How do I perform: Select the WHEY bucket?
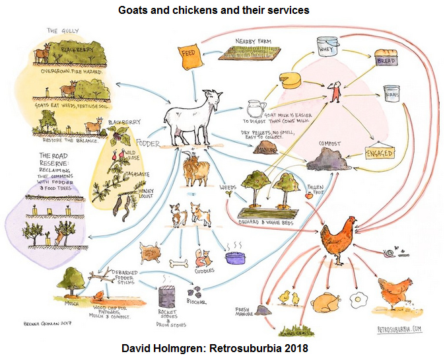coord(327,46)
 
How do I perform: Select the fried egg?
coord(359,299)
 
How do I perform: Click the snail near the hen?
coord(390,252)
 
